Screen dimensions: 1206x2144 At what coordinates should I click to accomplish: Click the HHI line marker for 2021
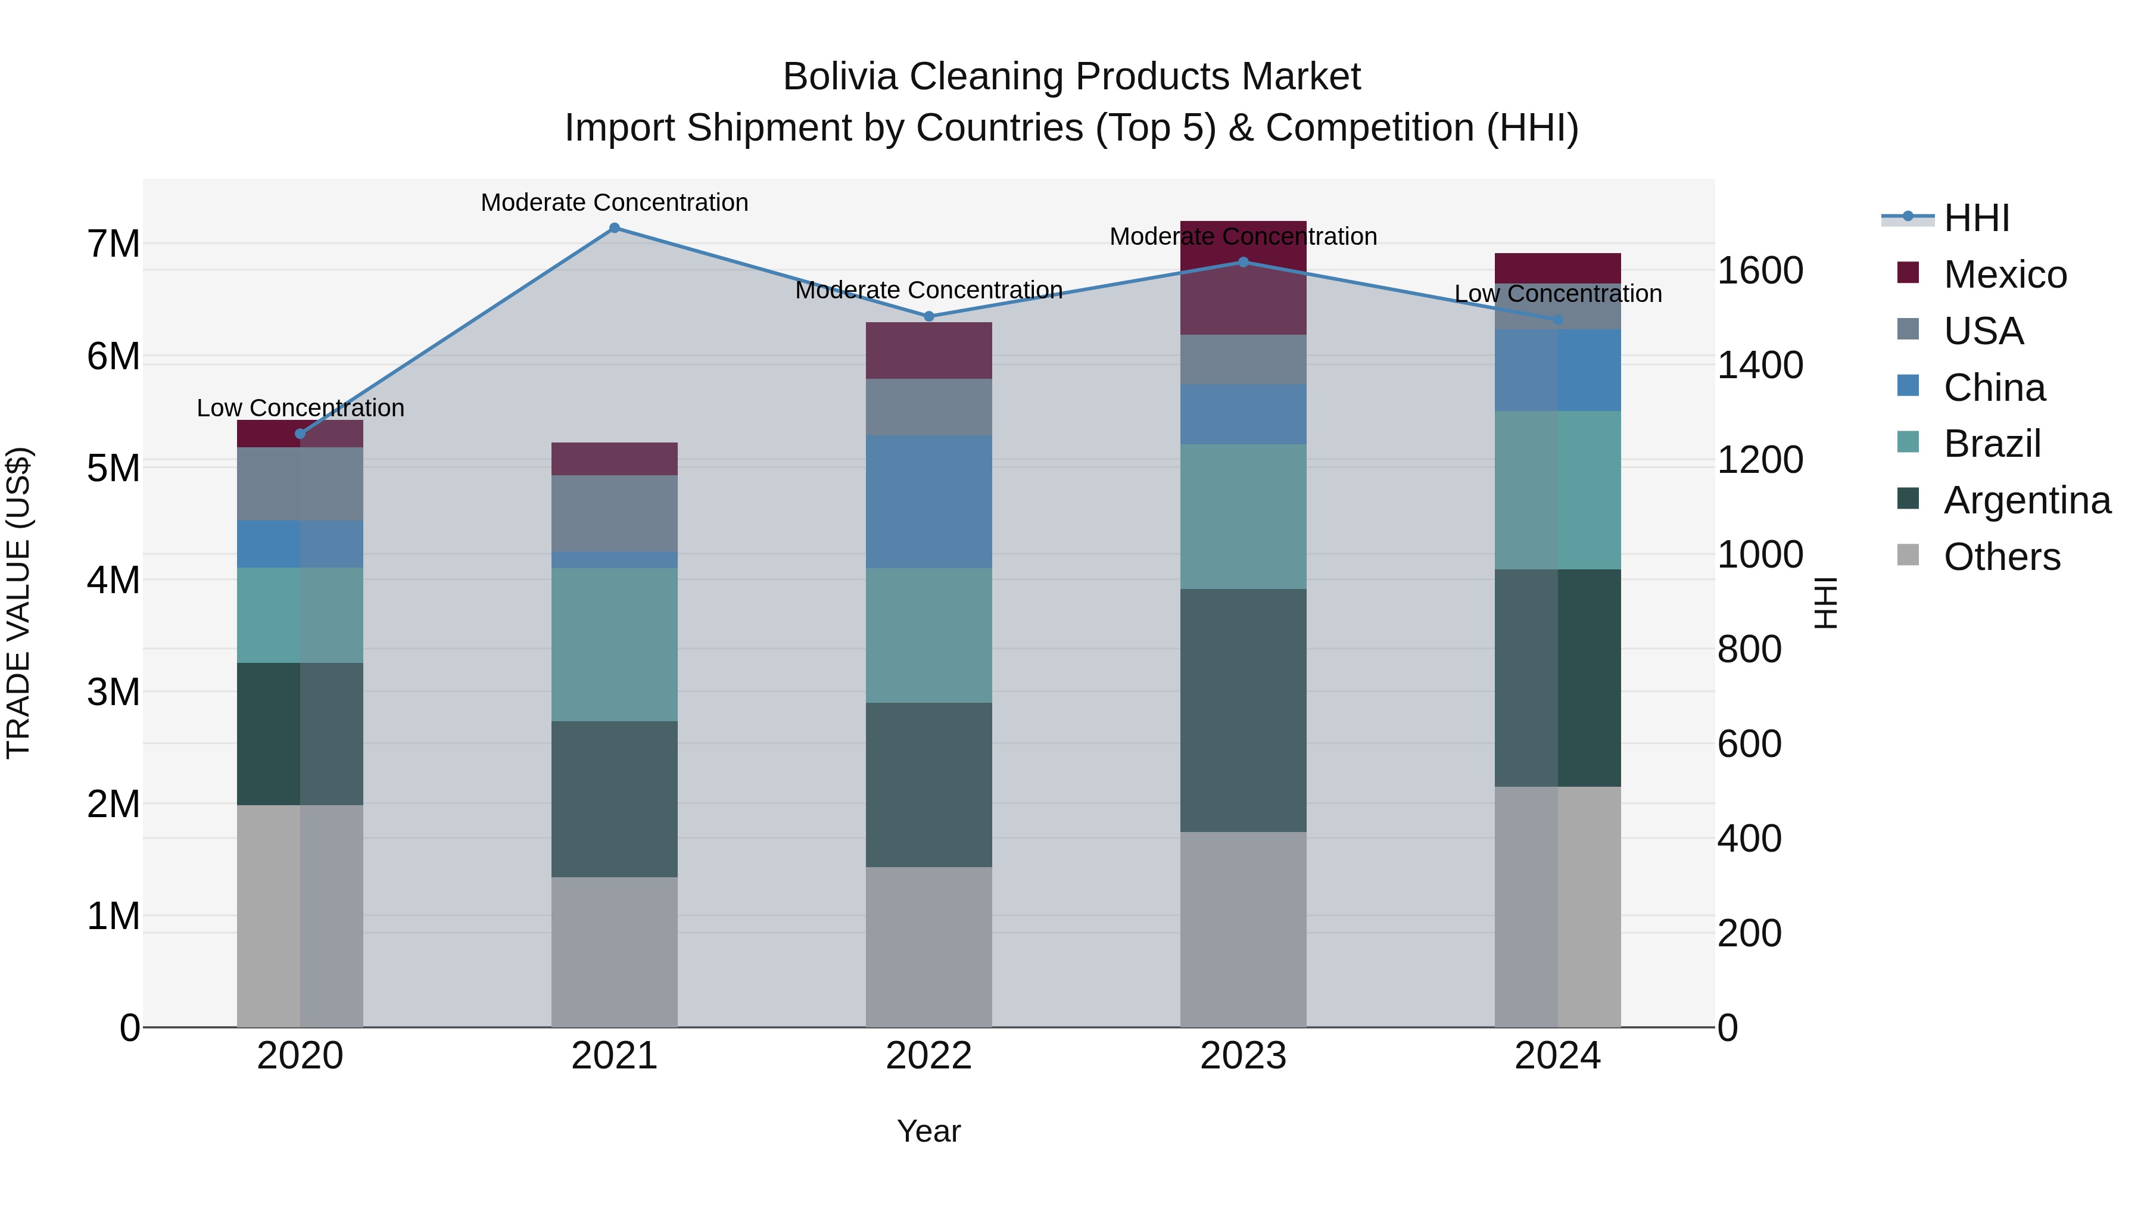[614, 228]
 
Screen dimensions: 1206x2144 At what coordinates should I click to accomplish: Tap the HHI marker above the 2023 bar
[1244, 262]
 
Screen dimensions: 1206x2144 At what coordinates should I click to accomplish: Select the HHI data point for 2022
[929, 316]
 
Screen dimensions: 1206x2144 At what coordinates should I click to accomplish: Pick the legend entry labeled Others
[2001, 557]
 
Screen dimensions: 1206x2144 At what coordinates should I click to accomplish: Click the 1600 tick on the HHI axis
[1759, 272]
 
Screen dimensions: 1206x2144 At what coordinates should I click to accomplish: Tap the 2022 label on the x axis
[929, 1056]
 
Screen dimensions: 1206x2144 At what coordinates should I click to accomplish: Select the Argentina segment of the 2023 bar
[1244, 710]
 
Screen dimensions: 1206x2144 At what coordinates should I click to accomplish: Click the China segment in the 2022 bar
[929, 502]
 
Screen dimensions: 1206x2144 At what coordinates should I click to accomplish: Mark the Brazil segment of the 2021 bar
[614, 644]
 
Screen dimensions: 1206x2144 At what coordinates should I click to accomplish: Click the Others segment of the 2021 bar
[614, 951]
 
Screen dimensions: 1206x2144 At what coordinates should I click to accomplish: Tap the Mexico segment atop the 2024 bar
[1557, 268]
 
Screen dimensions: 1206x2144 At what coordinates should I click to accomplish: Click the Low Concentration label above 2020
[301, 408]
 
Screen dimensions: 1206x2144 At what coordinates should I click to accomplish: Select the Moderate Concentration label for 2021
[614, 202]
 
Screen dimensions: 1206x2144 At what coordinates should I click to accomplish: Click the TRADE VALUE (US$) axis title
[18, 603]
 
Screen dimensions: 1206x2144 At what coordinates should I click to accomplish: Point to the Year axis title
[929, 1131]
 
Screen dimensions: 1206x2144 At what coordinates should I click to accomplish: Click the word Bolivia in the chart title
[840, 77]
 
